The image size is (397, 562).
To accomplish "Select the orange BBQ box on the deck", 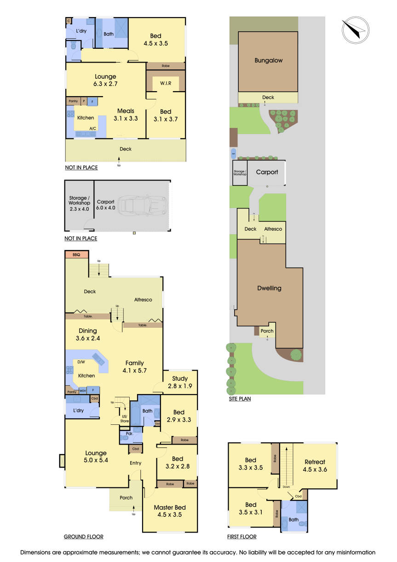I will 76,254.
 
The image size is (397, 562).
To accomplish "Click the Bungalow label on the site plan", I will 268,60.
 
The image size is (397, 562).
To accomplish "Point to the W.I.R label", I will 166,83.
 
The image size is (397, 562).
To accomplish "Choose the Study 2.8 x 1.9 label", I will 180,382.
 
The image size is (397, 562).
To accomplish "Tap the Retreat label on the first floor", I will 315,465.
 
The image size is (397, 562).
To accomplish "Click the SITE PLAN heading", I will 240,399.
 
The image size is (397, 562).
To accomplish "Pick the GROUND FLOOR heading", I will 83,537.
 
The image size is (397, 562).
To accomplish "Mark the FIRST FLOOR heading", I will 242,537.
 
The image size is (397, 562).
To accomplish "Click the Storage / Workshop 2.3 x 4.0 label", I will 79,203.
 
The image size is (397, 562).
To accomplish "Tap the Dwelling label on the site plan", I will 269,288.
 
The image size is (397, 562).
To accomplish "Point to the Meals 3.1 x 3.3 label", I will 126,114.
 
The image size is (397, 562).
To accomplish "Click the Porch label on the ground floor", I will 126,498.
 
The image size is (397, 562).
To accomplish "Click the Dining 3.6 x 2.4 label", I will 88,334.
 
